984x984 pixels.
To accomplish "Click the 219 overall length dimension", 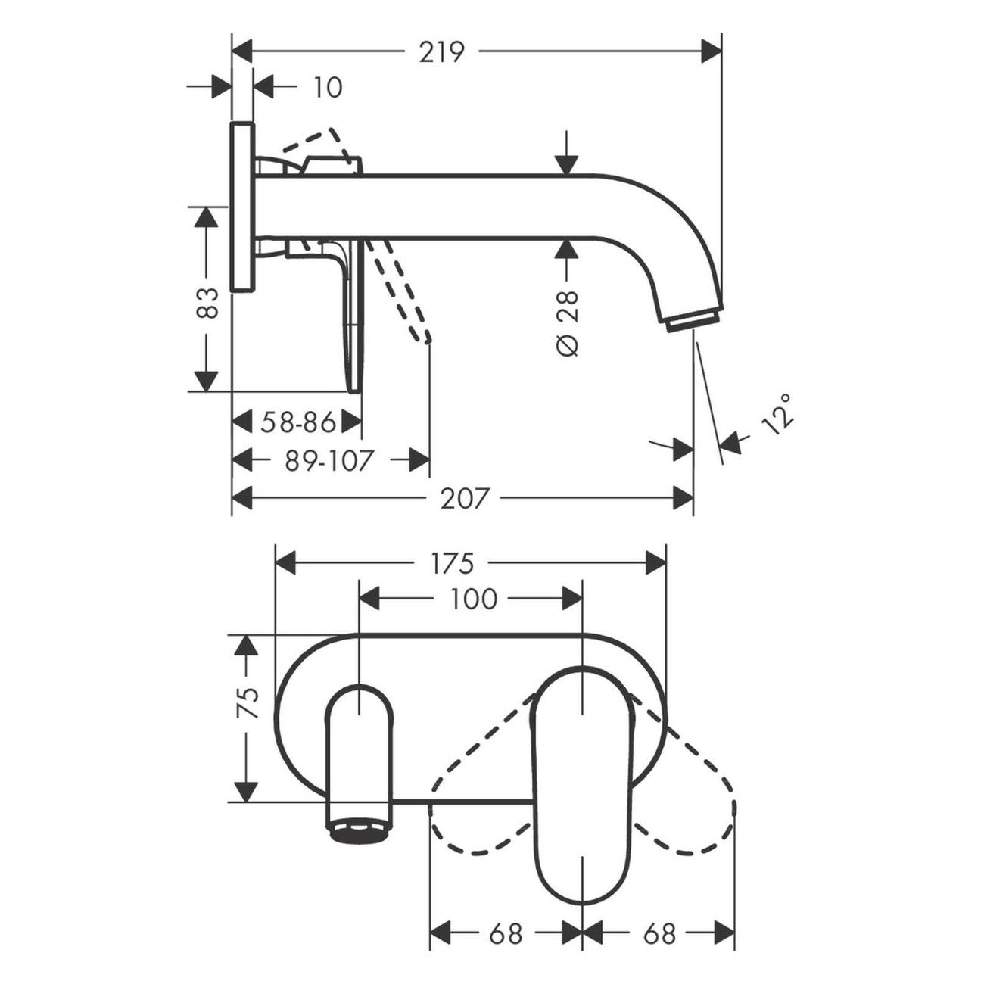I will click(442, 51).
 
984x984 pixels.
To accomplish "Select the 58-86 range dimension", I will click(297, 422).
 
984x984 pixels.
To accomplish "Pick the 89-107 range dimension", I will click(329, 460).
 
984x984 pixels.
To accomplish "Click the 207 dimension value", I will click(465, 499).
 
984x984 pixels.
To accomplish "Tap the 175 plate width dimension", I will click(452, 563).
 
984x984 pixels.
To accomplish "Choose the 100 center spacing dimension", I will click(473, 599).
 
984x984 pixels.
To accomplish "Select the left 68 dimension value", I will click(506, 933).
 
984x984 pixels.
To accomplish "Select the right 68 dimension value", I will click(659, 933).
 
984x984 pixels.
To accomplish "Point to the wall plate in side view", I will click(242, 206).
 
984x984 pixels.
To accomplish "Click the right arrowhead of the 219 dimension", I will click(712, 51).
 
